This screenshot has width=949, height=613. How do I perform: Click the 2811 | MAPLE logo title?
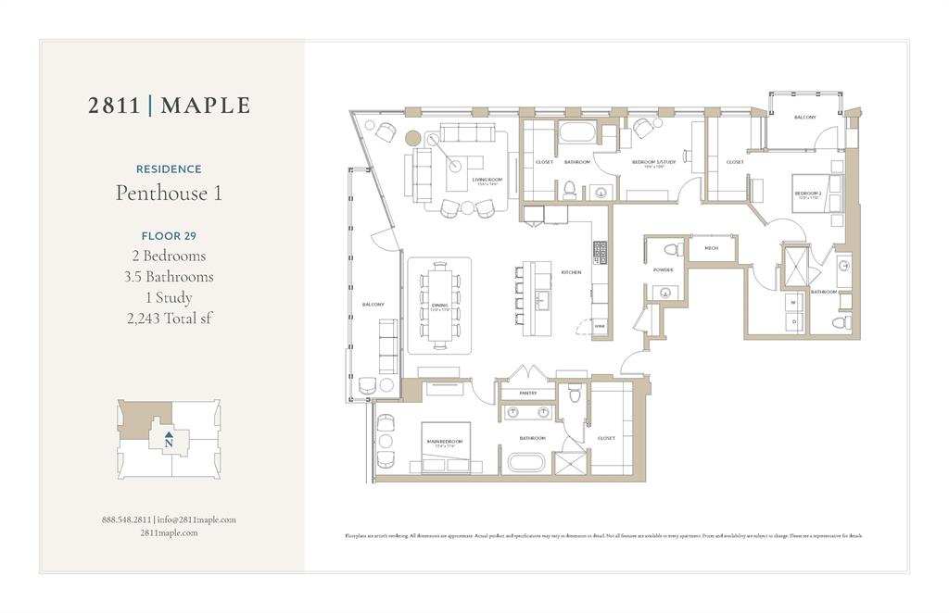pos(169,106)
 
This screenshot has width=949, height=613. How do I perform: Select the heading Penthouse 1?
pos(169,193)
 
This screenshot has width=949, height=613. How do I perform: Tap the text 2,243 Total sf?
pos(169,319)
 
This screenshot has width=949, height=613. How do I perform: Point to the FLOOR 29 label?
pos(169,235)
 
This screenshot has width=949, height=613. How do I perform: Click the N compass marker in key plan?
pos(168,442)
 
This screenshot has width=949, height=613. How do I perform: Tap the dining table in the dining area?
pos(439,305)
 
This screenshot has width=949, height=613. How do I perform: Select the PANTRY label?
pos(527,394)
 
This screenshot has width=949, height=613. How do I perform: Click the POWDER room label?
pos(664,269)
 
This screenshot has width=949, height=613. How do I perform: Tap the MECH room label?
pos(711,248)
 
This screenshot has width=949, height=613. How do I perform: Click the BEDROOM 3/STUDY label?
pos(649,164)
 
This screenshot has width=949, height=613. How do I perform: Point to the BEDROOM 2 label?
pos(808,194)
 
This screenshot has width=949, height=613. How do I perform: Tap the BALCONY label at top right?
pos(804,118)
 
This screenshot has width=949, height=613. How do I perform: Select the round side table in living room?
pos(412,139)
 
